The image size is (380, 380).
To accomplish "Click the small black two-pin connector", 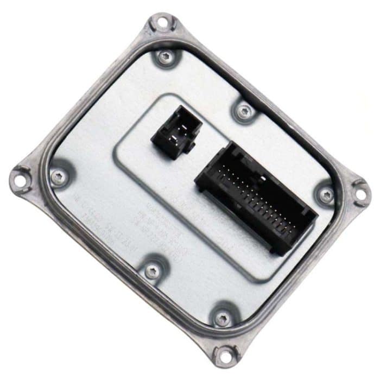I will click(x=175, y=132).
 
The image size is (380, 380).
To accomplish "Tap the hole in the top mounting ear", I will click(x=161, y=22).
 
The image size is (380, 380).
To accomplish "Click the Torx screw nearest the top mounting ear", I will click(x=166, y=56).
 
